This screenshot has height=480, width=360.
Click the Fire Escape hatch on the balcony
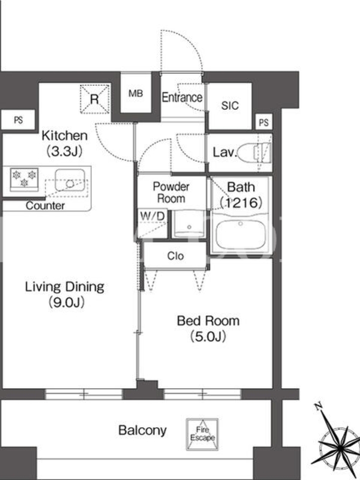[202, 434]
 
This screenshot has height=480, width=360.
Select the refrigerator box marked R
[95, 99]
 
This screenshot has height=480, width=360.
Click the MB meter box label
[136, 93]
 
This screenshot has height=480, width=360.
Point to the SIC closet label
[230, 106]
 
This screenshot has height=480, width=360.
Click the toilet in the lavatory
[254, 152]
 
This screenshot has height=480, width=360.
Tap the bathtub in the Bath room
[241, 235]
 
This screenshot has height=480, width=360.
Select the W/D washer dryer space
[152, 224]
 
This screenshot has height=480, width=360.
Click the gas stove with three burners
[24, 179]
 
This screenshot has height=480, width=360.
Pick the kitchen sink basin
[70, 180]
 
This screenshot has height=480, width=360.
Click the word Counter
[45, 206]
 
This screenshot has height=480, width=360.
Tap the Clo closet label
[175, 256]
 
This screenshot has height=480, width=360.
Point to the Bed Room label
[208, 321]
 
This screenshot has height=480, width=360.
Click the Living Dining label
[65, 287]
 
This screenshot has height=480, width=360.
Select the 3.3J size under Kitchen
[64, 151]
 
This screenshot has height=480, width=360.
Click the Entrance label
[182, 98]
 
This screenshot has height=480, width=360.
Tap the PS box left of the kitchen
[18, 119]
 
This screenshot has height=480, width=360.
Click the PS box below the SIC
[263, 122]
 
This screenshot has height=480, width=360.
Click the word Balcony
[142, 430]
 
